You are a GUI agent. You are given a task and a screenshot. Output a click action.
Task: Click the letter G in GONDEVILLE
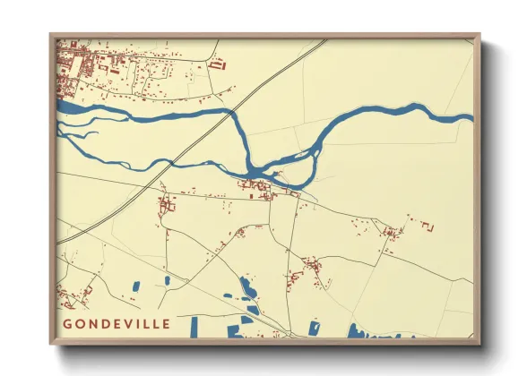click(68, 323)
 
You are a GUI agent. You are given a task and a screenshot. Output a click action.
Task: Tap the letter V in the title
click(130, 323)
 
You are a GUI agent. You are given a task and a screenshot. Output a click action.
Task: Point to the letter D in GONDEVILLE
click(104, 323)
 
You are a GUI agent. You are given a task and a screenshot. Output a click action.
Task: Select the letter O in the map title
click(80, 323)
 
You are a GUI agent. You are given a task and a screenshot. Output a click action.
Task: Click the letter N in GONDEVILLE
click(92, 323)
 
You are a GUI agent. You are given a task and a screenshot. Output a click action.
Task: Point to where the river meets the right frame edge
click(471, 116)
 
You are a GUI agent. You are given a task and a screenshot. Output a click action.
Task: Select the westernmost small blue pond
click(136, 286)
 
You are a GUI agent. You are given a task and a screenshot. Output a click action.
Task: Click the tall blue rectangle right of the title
click(193, 327)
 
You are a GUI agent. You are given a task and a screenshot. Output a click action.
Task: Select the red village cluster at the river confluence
click(260, 186)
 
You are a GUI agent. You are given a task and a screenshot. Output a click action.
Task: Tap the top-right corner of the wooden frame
click(479, 35)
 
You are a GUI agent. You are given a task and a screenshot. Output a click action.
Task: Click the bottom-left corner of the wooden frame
click(50, 344)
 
